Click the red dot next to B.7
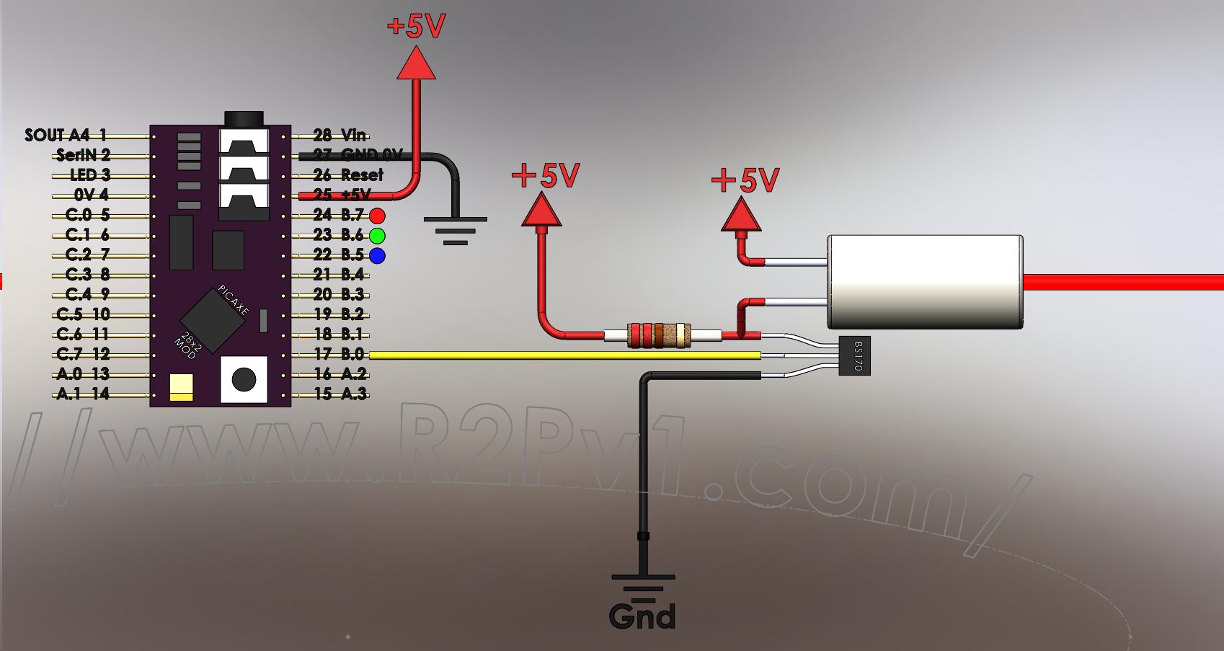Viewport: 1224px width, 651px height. tap(377, 216)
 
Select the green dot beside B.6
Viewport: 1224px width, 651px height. tap(377, 235)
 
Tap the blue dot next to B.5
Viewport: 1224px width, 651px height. tap(377, 255)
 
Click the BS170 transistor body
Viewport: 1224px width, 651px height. tap(855, 355)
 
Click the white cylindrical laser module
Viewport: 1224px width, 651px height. tap(925, 282)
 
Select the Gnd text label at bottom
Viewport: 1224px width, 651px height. tap(642, 616)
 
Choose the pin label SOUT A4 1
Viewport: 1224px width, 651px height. tap(66, 135)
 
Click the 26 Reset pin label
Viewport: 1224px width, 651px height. tap(349, 175)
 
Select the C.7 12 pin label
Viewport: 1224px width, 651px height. tap(83, 354)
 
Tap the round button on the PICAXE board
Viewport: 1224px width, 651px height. tap(244, 379)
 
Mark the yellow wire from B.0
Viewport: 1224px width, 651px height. tap(562, 355)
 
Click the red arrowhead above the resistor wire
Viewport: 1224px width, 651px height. tap(541, 211)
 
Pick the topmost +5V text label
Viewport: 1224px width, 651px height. tap(416, 27)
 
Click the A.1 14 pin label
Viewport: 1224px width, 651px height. tap(83, 394)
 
